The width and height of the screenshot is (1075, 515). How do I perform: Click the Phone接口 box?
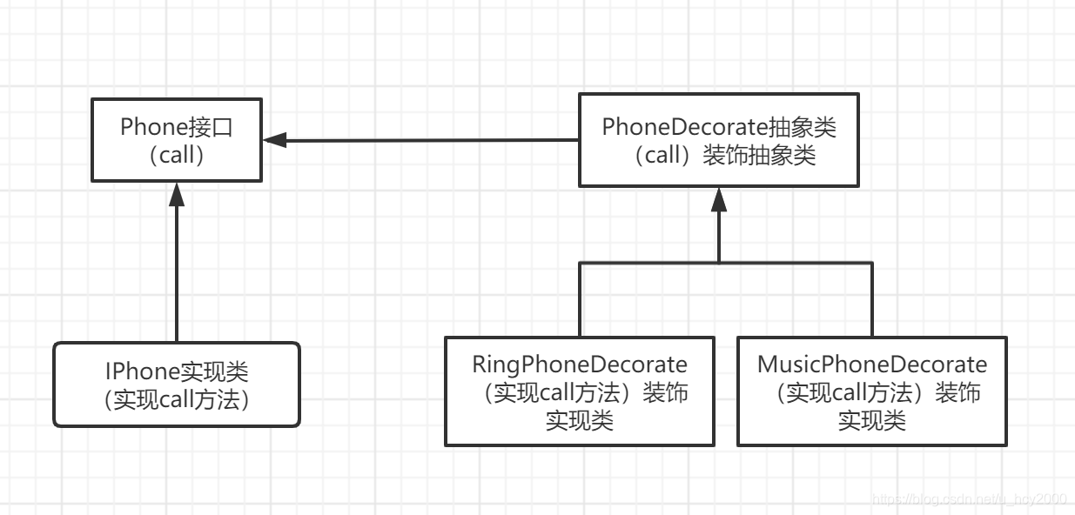(177, 140)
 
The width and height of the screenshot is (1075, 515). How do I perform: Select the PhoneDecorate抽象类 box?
(718, 140)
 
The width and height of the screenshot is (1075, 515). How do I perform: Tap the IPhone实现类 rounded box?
(177, 385)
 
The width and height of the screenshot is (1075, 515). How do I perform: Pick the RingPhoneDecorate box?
(580, 391)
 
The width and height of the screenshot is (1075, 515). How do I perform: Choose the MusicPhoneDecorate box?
(872, 391)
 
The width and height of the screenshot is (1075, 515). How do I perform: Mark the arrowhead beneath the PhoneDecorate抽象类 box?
(718, 200)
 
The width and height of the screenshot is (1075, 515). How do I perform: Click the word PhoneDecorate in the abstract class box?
(684, 127)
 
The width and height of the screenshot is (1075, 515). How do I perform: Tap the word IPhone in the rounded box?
(142, 372)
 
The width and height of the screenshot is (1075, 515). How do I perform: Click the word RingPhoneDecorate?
(580, 364)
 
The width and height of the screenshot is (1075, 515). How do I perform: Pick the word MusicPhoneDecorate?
(872, 364)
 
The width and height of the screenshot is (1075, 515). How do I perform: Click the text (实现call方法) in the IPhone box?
(177, 400)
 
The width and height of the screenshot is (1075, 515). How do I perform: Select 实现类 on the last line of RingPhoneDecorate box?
(580, 421)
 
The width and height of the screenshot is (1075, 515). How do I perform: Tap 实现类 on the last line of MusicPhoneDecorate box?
(872, 421)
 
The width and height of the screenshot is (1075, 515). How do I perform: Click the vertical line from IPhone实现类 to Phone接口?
(177, 278)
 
